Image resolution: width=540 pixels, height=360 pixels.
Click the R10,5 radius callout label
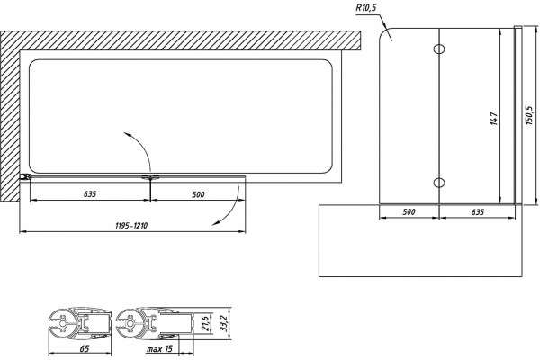[x=366, y=8]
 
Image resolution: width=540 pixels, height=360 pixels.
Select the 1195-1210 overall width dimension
[x=131, y=226]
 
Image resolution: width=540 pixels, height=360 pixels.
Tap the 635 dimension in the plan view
[x=90, y=194]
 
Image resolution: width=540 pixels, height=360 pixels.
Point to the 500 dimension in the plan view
[x=198, y=194]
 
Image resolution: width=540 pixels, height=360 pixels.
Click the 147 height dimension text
[x=494, y=119]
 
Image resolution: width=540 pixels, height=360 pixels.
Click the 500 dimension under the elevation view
[x=409, y=212]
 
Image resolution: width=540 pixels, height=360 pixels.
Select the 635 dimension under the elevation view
[x=478, y=212]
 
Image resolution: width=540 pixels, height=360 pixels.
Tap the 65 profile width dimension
[x=85, y=348]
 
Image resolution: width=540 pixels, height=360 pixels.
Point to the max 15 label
[x=159, y=349]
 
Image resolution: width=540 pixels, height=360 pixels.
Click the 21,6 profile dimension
[x=204, y=323]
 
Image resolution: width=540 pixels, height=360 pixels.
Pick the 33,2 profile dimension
[x=224, y=323]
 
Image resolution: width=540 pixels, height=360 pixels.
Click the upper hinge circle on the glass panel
[x=439, y=49]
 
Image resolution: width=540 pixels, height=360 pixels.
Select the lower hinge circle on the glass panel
[x=439, y=182]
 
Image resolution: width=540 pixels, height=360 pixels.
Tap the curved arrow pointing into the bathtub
[x=144, y=146]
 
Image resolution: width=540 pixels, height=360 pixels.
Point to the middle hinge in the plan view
[x=151, y=177]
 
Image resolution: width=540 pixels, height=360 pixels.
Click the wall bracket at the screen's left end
[x=26, y=177]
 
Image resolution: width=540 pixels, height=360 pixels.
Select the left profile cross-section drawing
[x=80, y=323]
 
